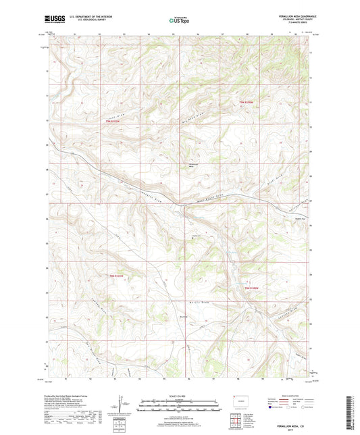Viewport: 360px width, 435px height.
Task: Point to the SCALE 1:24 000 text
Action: point(179,395)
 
